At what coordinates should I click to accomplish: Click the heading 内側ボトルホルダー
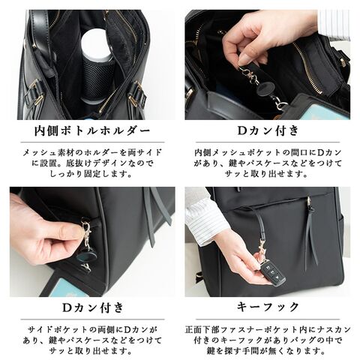point(92,130)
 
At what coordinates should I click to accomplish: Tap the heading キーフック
point(268,307)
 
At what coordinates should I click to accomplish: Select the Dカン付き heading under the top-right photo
point(268,130)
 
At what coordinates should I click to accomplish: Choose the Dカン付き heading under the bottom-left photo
point(93,307)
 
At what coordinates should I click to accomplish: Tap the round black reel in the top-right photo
point(265,89)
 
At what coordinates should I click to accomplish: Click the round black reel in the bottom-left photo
point(86,256)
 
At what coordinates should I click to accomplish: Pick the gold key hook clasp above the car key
point(262,246)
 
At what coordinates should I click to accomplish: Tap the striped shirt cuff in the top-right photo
point(334,24)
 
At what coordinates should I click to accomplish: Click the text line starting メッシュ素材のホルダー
point(92,152)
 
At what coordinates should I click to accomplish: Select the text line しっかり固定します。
point(91,174)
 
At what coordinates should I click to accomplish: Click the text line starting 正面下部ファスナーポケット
point(268,329)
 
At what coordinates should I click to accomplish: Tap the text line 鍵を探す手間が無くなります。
point(266,351)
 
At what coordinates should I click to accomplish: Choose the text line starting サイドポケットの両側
point(92,330)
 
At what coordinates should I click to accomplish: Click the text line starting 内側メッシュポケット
point(268,152)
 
